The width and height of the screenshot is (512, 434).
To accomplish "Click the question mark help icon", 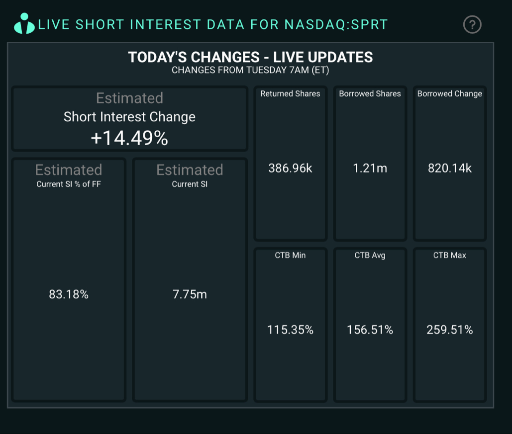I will point(472,24).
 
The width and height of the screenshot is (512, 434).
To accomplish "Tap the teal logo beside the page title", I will point(24,23).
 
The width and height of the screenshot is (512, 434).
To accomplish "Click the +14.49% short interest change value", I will point(129,138).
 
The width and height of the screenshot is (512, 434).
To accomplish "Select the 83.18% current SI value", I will point(69,294).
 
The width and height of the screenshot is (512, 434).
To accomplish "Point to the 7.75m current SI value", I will point(190,294).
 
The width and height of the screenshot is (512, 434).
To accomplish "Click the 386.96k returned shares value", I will point(290,168).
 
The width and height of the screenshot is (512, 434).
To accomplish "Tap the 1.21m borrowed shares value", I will point(370,168).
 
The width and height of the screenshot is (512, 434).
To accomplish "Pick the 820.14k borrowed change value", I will point(450,168).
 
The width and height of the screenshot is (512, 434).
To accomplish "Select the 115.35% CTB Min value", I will point(290,330).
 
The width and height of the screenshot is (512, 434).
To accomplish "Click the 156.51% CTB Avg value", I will point(370,330).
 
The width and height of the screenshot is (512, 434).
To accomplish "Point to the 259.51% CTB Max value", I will point(450,330).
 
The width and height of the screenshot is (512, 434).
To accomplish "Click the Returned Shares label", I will point(290,93).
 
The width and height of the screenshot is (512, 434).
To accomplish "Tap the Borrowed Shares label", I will point(370,93).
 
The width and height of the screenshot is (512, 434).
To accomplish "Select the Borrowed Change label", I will point(450,93).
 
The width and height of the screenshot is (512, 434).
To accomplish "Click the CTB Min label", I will point(290,255).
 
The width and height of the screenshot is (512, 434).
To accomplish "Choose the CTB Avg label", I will point(370,255).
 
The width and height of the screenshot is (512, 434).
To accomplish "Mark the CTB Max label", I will point(450,255).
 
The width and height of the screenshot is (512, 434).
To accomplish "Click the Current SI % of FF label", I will point(69,184).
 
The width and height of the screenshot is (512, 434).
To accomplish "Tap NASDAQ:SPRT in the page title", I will point(336,24).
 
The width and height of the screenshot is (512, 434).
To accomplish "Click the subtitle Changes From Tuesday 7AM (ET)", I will point(250,70).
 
